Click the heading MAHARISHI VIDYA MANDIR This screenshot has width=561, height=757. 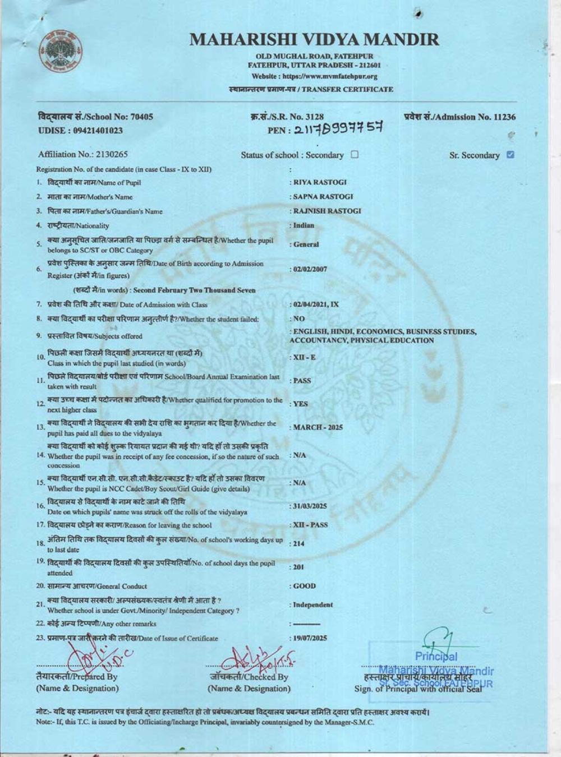pos(314,40)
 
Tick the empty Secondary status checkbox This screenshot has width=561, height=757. pos(355,155)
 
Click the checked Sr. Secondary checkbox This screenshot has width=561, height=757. pos(510,155)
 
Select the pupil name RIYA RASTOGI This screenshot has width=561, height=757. pos(320,182)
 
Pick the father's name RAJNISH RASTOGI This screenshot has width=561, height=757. pos(327,211)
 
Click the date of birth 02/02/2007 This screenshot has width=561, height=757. pos(310,269)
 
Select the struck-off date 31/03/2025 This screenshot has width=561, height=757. pos(310,506)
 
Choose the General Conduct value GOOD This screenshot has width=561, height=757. pos(305,586)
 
